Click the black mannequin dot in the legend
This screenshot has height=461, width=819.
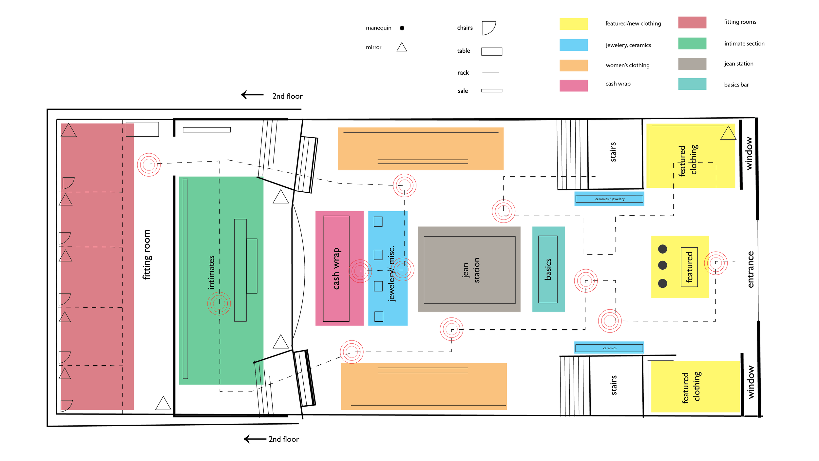pyautogui.click(x=402, y=28)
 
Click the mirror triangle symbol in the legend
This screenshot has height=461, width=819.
pyautogui.click(x=402, y=48)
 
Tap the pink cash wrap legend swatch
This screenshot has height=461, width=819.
pyautogui.click(x=573, y=86)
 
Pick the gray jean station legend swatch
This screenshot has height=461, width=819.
pyautogui.click(x=692, y=64)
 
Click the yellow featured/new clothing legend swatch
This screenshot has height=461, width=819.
pyautogui.click(x=573, y=24)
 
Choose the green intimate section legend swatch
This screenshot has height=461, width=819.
pyautogui.click(x=692, y=44)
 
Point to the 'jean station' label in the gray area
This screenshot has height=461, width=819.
pyautogui.click(x=471, y=270)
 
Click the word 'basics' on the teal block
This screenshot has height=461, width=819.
pyautogui.click(x=548, y=269)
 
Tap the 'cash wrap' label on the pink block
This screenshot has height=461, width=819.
pyautogui.click(x=336, y=269)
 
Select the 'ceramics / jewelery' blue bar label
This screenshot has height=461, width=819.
pyautogui.click(x=610, y=199)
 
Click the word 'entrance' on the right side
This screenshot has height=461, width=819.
pyautogui.click(x=750, y=269)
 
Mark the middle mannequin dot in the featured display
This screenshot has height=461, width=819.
pyautogui.click(x=662, y=265)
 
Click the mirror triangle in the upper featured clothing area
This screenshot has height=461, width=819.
pyautogui.click(x=728, y=133)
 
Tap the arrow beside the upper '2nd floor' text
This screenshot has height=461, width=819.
pyautogui.click(x=252, y=95)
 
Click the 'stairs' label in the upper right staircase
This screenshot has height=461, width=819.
pyautogui.click(x=613, y=152)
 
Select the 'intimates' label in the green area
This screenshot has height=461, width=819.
pyautogui.click(x=211, y=272)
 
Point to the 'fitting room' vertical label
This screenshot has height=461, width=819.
pyautogui.click(x=146, y=255)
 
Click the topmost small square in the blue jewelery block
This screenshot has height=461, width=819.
pyautogui.click(x=378, y=222)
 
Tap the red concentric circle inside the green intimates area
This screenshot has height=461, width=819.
pyautogui.click(x=219, y=304)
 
